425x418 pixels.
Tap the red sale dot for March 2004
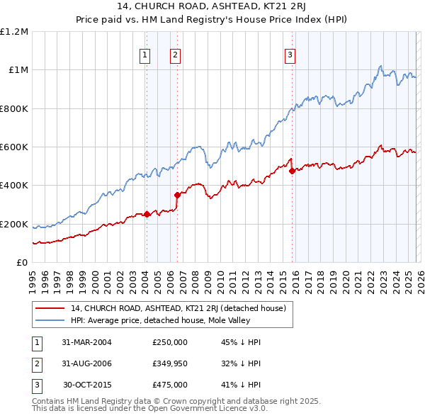[147, 215]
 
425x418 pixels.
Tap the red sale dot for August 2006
[177, 196]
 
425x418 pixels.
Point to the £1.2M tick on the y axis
[14, 32]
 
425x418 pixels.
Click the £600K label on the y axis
[14, 147]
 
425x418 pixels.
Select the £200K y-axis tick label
[14, 224]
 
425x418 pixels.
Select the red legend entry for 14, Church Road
[178, 308]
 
